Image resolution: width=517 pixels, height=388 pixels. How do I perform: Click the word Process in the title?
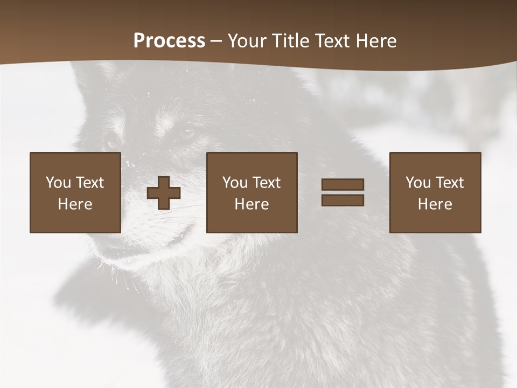pos(169,41)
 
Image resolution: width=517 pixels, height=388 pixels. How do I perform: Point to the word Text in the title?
pos(331,41)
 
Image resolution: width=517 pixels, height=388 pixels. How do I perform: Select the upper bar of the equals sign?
pos(343,184)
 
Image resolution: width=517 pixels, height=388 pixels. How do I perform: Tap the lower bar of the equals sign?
pos(343,200)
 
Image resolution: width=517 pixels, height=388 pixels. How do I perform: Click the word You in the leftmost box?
pos(58,183)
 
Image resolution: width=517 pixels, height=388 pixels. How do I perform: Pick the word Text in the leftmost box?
pos(89,183)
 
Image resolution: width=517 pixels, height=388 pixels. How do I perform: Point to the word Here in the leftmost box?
pos(75,204)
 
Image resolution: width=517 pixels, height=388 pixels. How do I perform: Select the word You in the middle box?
pos(235,183)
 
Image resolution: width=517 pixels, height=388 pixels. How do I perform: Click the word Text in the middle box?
pos(266,183)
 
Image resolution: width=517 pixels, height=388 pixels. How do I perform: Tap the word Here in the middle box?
pos(251,204)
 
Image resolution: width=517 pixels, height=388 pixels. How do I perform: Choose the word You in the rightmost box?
pos(418,183)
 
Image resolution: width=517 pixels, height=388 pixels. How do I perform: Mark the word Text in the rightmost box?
pos(449,183)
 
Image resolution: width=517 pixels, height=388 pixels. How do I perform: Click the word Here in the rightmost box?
pos(435,204)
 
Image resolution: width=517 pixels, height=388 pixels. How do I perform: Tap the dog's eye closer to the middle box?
pos(187,133)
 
